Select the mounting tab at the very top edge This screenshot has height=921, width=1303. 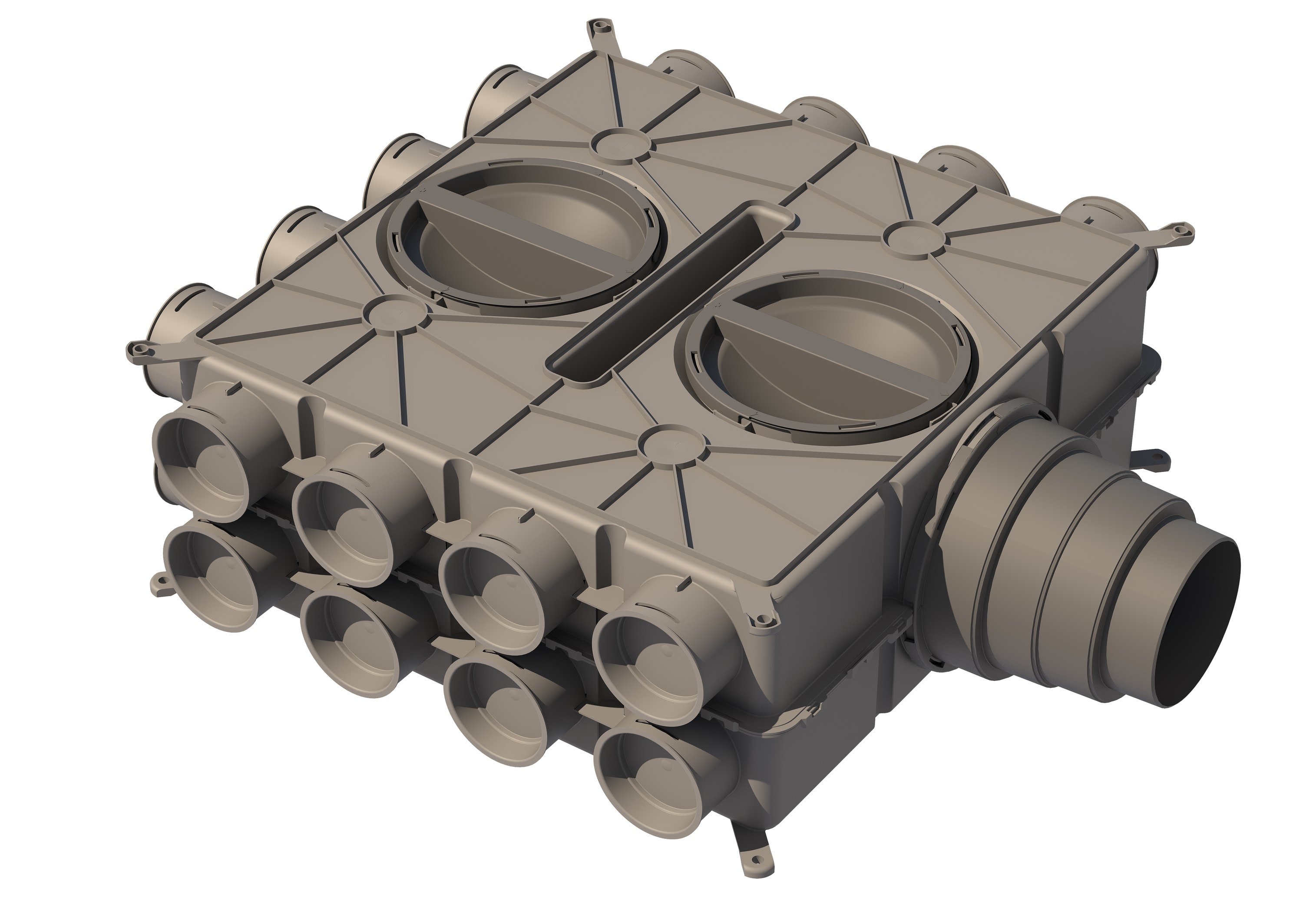(x=597, y=27)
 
